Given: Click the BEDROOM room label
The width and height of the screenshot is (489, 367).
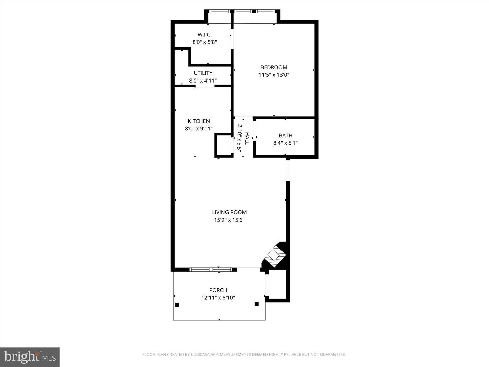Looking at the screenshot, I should (x=274, y=67).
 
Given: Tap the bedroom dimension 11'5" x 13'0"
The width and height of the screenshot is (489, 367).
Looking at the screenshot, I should (x=274, y=75).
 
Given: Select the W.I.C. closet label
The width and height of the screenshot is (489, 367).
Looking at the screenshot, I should (x=204, y=35).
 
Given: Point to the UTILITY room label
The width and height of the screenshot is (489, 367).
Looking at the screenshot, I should (x=203, y=73).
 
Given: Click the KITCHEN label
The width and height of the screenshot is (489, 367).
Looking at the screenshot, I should (x=199, y=121).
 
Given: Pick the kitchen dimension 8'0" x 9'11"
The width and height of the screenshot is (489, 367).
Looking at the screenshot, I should (x=199, y=129).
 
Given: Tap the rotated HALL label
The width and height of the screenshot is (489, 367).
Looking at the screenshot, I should (x=247, y=138).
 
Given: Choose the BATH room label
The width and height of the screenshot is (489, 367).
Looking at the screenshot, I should (x=286, y=136).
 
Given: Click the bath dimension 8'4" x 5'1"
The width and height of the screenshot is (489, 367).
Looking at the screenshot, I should (x=286, y=143).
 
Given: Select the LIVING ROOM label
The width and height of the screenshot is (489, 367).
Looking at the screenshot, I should (x=229, y=212).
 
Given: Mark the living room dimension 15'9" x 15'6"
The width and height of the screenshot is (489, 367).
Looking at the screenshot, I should (x=229, y=220).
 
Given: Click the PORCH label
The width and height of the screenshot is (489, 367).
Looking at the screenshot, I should (x=218, y=290).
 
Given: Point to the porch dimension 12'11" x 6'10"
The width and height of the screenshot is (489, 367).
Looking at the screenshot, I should (x=218, y=298).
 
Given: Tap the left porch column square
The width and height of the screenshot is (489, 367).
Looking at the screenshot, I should (x=177, y=305).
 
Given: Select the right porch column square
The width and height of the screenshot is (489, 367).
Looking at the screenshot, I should (x=257, y=304).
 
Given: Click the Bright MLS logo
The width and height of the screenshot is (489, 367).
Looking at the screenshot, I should (x=30, y=357).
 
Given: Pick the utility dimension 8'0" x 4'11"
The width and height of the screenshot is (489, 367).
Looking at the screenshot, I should (x=203, y=81).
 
